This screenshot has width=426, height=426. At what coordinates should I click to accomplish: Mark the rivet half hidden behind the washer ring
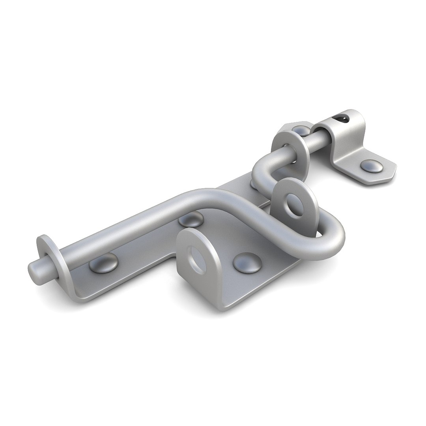click(x=301, y=130)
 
